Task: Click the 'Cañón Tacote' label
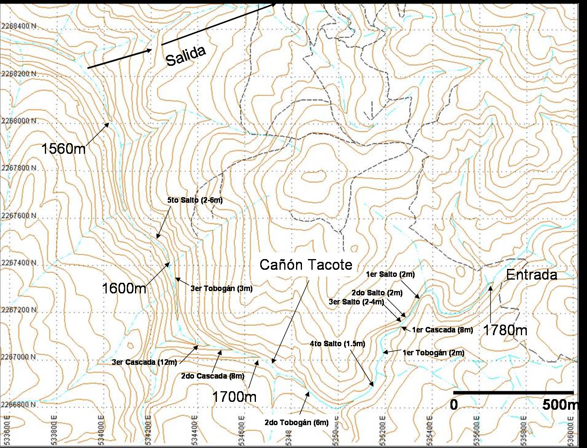[306, 265]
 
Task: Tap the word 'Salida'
[186, 56]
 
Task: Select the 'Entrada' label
[531, 275]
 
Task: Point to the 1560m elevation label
[63, 149]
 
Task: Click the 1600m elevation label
[124, 288]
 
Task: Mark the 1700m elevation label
[234, 396]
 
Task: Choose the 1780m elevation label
[505, 330]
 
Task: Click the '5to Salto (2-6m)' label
[195, 200]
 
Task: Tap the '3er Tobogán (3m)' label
[222, 289]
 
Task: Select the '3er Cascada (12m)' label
[144, 362]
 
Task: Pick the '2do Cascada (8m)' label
[213, 376]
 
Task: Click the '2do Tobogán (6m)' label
[296, 423]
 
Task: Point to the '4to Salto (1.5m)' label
[337, 344]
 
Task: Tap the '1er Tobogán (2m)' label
[433, 353]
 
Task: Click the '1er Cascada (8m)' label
[443, 330]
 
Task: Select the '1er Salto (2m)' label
[390, 274]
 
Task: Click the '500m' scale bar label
[560, 405]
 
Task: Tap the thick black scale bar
[513, 393]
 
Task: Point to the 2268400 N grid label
[19, 26]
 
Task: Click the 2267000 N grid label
[19, 357]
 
